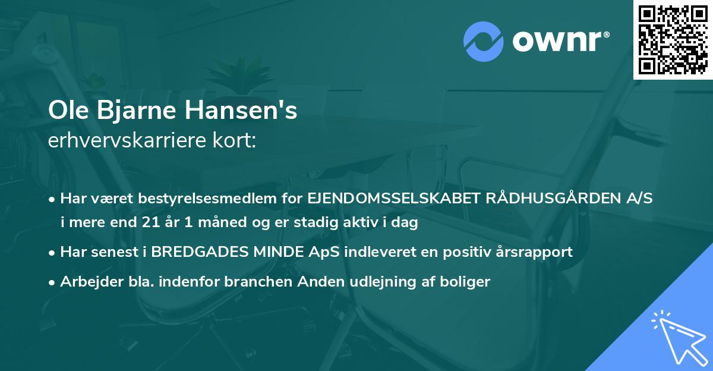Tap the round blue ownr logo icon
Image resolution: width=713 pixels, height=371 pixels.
(483, 42)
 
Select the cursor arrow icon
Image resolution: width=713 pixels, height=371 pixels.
(677, 336)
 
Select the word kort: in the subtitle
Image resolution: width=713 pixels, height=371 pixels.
(235, 141)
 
